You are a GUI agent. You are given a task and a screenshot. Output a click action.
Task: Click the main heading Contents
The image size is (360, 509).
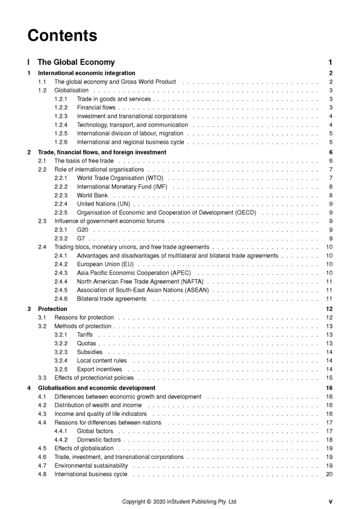[62, 35]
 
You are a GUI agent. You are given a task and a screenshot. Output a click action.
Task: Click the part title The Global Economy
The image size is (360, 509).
[76, 62]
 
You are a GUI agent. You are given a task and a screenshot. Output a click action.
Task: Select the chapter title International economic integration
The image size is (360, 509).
[86, 73]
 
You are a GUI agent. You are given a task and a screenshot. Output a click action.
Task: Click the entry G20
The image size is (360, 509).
[82, 230]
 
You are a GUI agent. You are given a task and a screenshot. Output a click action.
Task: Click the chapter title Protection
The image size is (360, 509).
[52, 309]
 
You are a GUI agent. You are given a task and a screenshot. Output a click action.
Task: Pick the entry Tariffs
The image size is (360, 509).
[84, 335]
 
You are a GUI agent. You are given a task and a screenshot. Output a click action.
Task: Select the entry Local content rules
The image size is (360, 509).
[101, 360]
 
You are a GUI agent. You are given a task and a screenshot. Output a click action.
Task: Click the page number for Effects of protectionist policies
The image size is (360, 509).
[329, 378]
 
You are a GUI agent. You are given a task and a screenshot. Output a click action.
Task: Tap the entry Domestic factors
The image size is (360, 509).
[99, 440]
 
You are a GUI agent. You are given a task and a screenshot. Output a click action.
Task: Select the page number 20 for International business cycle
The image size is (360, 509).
[329, 474]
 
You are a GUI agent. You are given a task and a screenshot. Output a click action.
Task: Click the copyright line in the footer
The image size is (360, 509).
[179, 502]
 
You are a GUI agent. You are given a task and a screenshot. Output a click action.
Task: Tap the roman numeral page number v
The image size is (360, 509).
[331, 502]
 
